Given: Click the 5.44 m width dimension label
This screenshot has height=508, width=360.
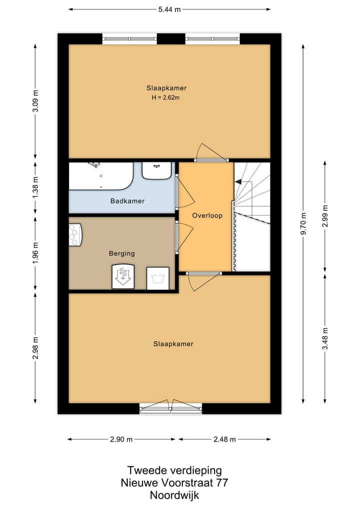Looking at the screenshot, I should (x=169, y=9).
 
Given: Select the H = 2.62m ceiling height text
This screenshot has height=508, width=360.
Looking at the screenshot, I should (x=165, y=98).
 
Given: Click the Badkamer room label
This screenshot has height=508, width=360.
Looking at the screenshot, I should (x=127, y=201).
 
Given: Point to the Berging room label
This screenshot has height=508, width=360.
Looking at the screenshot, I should (x=121, y=254).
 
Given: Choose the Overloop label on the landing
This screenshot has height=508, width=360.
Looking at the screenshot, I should (x=207, y=216).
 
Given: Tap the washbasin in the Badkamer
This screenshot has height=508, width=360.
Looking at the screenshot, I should (x=157, y=170).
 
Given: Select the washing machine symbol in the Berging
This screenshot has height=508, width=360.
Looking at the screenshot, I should (x=157, y=278).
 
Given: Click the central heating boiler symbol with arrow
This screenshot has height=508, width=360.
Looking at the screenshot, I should (x=123, y=277).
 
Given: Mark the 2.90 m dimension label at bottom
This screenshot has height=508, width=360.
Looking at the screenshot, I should (x=121, y=440).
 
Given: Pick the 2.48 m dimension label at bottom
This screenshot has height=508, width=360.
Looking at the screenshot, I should (x=224, y=440).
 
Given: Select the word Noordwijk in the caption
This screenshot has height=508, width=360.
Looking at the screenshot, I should (x=174, y=495).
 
